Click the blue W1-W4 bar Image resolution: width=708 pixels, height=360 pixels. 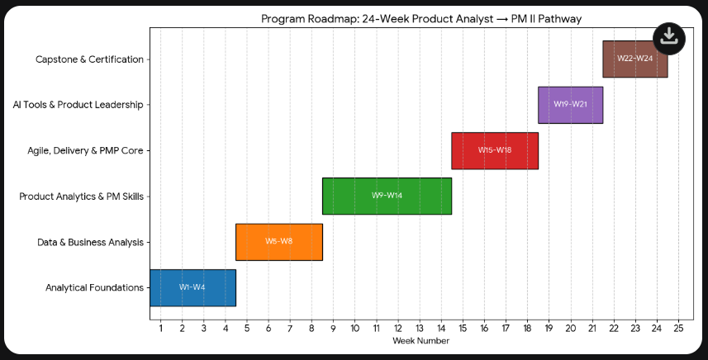pyautogui.click(x=192, y=287)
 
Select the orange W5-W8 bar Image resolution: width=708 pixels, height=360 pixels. pyautogui.click(x=278, y=242)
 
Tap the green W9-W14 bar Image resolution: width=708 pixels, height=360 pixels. pyautogui.click(x=387, y=196)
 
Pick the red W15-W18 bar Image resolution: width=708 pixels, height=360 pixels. pyautogui.click(x=494, y=150)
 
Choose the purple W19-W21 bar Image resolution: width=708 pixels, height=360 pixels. pyautogui.click(x=570, y=105)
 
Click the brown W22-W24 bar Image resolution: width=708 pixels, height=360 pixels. pyautogui.click(x=634, y=59)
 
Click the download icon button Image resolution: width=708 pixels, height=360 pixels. pyautogui.click(x=669, y=37)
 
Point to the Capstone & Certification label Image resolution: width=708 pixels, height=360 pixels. pyautogui.click(x=89, y=59)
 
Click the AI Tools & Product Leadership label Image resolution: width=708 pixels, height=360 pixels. pyautogui.click(x=78, y=105)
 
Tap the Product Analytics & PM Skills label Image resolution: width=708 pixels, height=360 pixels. pyautogui.click(x=81, y=197)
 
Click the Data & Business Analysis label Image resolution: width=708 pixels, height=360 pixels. pyautogui.click(x=90, y=243)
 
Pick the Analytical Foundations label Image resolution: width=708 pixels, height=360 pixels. pyautogui.click(x=94, y=288)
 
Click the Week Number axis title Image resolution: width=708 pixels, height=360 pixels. pyautogui.click(x=421, y=341)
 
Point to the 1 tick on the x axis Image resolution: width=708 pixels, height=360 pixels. pyautogui.click(x=160, y=329)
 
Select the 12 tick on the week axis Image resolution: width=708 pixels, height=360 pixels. pyautogui.click(x=397, y=329)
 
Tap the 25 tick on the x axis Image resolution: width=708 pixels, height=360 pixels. pyautogui.click(x=678, y=329)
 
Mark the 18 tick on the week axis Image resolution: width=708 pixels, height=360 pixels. pyautogui.click(x=527, y=329)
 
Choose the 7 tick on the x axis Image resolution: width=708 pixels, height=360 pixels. pyautogui.click(x=290, y=329)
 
